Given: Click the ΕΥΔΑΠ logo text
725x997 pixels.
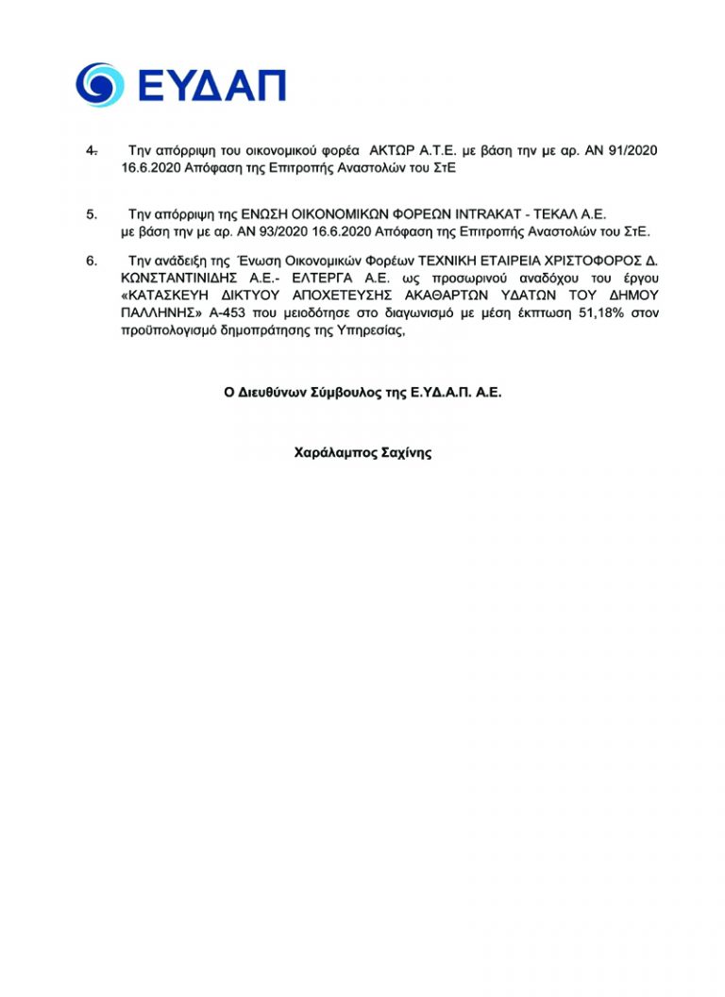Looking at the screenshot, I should coord(211,85).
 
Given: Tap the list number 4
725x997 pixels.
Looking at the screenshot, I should coord(91,150).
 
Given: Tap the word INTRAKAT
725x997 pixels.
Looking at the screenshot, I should coord(488,215).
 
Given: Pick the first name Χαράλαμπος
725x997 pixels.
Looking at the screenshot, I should coord(334,452).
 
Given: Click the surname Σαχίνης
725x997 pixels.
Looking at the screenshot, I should coord(406,452).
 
